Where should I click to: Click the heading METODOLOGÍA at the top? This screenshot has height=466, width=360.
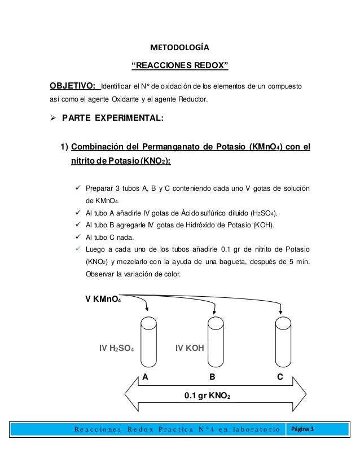(180, 47)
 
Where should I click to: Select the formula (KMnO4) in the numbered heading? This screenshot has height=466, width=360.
(265, 148)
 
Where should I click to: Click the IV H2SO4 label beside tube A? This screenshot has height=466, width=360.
(116, 349)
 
